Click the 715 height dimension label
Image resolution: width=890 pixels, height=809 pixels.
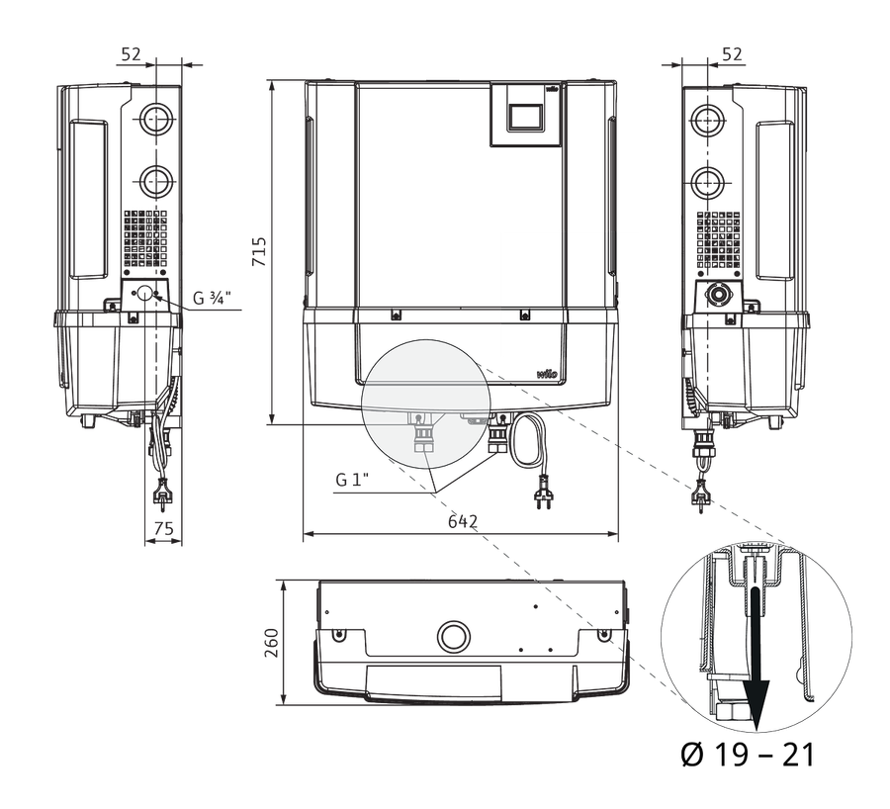pyautogui.click(x=259, y=251)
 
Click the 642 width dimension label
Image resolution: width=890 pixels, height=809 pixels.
pyautogui.click(x=463, y=521)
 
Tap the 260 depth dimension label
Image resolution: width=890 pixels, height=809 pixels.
pyautogui.click(x=272, y=643)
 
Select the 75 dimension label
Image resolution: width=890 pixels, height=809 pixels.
pyautogui.click(x=163, y=528)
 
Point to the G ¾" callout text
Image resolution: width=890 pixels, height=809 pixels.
pyautogui.click(x=213, y=298)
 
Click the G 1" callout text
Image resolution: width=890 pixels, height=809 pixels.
pyautogui.click(x=352, y=480)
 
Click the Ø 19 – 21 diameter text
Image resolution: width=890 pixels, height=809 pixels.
pyautogui.click(x=748, y=755)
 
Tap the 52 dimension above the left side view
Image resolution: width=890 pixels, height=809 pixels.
pyautogui.click(x=131, y=54)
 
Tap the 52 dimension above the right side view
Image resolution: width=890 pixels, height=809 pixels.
pyautogui.click(x=732, y=54)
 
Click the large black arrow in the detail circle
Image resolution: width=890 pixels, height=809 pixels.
pyautogui.click(x=756, y=659)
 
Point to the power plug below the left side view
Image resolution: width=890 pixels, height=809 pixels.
pyautogui.click(x=162, y=491)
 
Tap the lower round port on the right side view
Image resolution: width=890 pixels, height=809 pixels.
pyautogui.click(x=707, y=183)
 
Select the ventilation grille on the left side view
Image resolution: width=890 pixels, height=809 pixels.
pyautogui.click(x=146, y=238)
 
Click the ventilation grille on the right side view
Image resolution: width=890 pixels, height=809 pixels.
pyautogui.click(x=719, y=239)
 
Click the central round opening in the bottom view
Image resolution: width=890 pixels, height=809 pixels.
pyautogui.click(x=454, y=635)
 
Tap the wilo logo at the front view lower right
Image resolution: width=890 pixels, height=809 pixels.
pyautogui.click(x=547, y=374)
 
